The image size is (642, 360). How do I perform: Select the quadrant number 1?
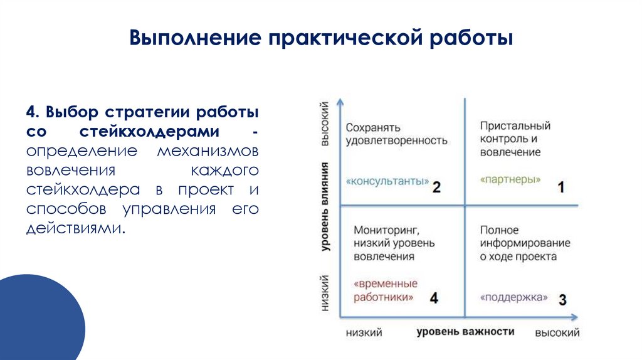coord(561,186)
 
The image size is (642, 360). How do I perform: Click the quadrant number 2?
coord(437,187)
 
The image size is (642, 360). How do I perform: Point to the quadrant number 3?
coord(562,300)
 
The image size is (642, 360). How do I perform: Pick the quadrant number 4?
coord(434,299)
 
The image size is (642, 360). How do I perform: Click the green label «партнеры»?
coord(510,179)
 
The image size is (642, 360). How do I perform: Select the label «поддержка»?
coord(514,297)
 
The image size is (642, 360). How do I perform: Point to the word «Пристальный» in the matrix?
coord(515,127)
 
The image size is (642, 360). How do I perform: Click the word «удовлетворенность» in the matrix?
coord(396,140)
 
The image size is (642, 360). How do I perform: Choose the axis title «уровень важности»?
coord(465,331)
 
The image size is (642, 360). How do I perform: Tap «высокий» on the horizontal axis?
coord(557,332)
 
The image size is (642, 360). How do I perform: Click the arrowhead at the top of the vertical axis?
coord(339,101)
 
